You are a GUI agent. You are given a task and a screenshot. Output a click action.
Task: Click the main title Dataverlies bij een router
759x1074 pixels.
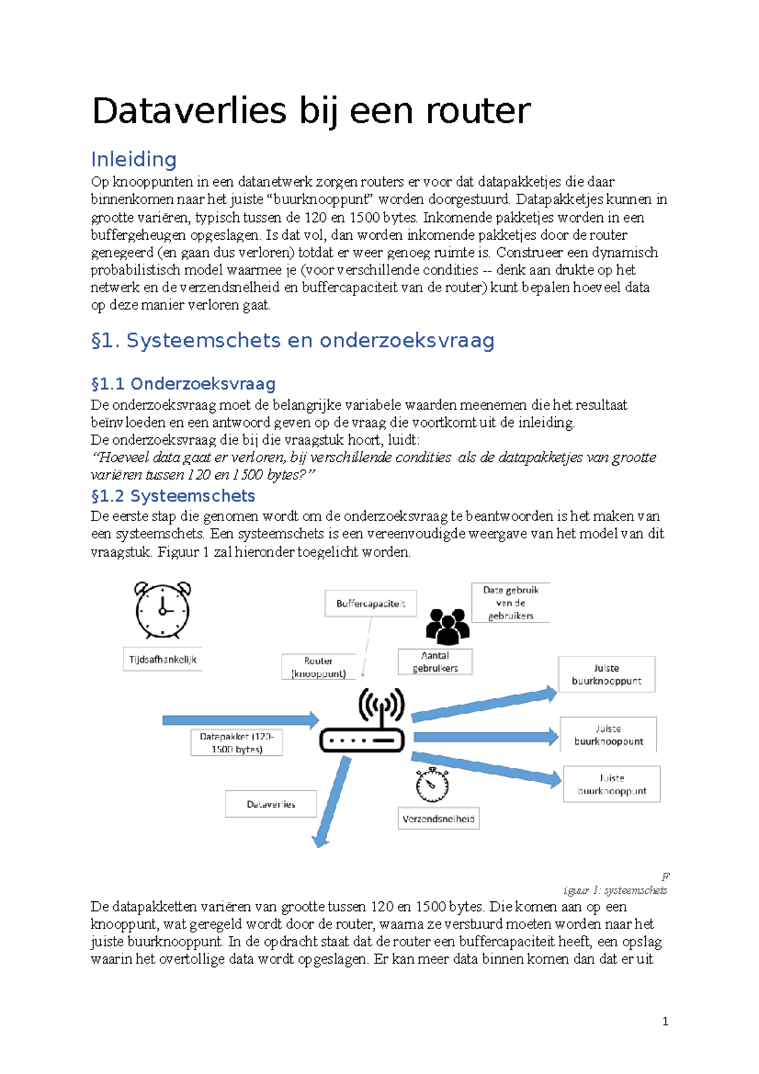[311, 111]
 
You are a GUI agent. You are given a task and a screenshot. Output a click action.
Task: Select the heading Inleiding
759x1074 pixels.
[133, 159]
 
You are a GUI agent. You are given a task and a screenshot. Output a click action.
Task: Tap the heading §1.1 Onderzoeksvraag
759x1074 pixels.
[183, 384]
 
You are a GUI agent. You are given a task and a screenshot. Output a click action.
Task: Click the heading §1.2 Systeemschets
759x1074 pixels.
[173, 495]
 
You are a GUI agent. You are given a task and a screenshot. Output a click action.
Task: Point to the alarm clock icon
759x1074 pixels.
[163, 610]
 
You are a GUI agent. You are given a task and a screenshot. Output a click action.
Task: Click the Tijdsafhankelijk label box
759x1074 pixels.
[163, 659]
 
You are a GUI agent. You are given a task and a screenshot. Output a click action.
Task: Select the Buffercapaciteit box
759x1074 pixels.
[371, 603]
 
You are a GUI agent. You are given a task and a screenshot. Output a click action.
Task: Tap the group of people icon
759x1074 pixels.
[447, 626]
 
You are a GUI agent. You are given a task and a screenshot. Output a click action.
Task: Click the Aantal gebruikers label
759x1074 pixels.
[435, 662]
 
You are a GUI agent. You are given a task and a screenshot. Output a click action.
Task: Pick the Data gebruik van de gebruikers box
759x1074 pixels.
[510, 603]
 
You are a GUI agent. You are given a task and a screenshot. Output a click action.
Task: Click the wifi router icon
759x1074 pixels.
[362, 721]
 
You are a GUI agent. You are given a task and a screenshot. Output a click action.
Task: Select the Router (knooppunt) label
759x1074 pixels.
[318, 667]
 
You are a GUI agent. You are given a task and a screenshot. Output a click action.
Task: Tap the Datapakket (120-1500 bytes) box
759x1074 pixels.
[237, 743]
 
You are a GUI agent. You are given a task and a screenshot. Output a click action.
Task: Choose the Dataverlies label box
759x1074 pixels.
[271, 804]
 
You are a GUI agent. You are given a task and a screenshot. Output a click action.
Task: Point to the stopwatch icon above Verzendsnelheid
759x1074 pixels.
[432, 785]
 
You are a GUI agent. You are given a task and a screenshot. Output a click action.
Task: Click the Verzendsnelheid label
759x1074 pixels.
[438, 818]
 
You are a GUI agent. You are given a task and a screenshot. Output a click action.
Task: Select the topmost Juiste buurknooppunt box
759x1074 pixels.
[606, 674]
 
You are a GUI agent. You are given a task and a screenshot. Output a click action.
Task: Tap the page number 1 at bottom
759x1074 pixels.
[665, 1021]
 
